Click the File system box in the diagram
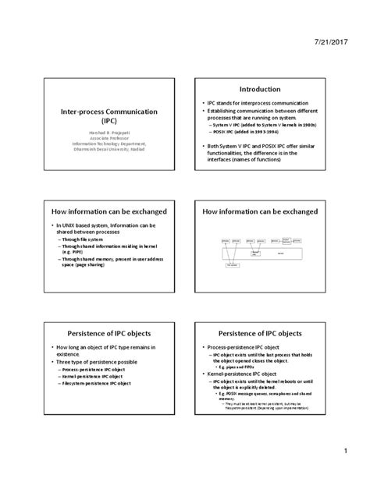231,265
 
